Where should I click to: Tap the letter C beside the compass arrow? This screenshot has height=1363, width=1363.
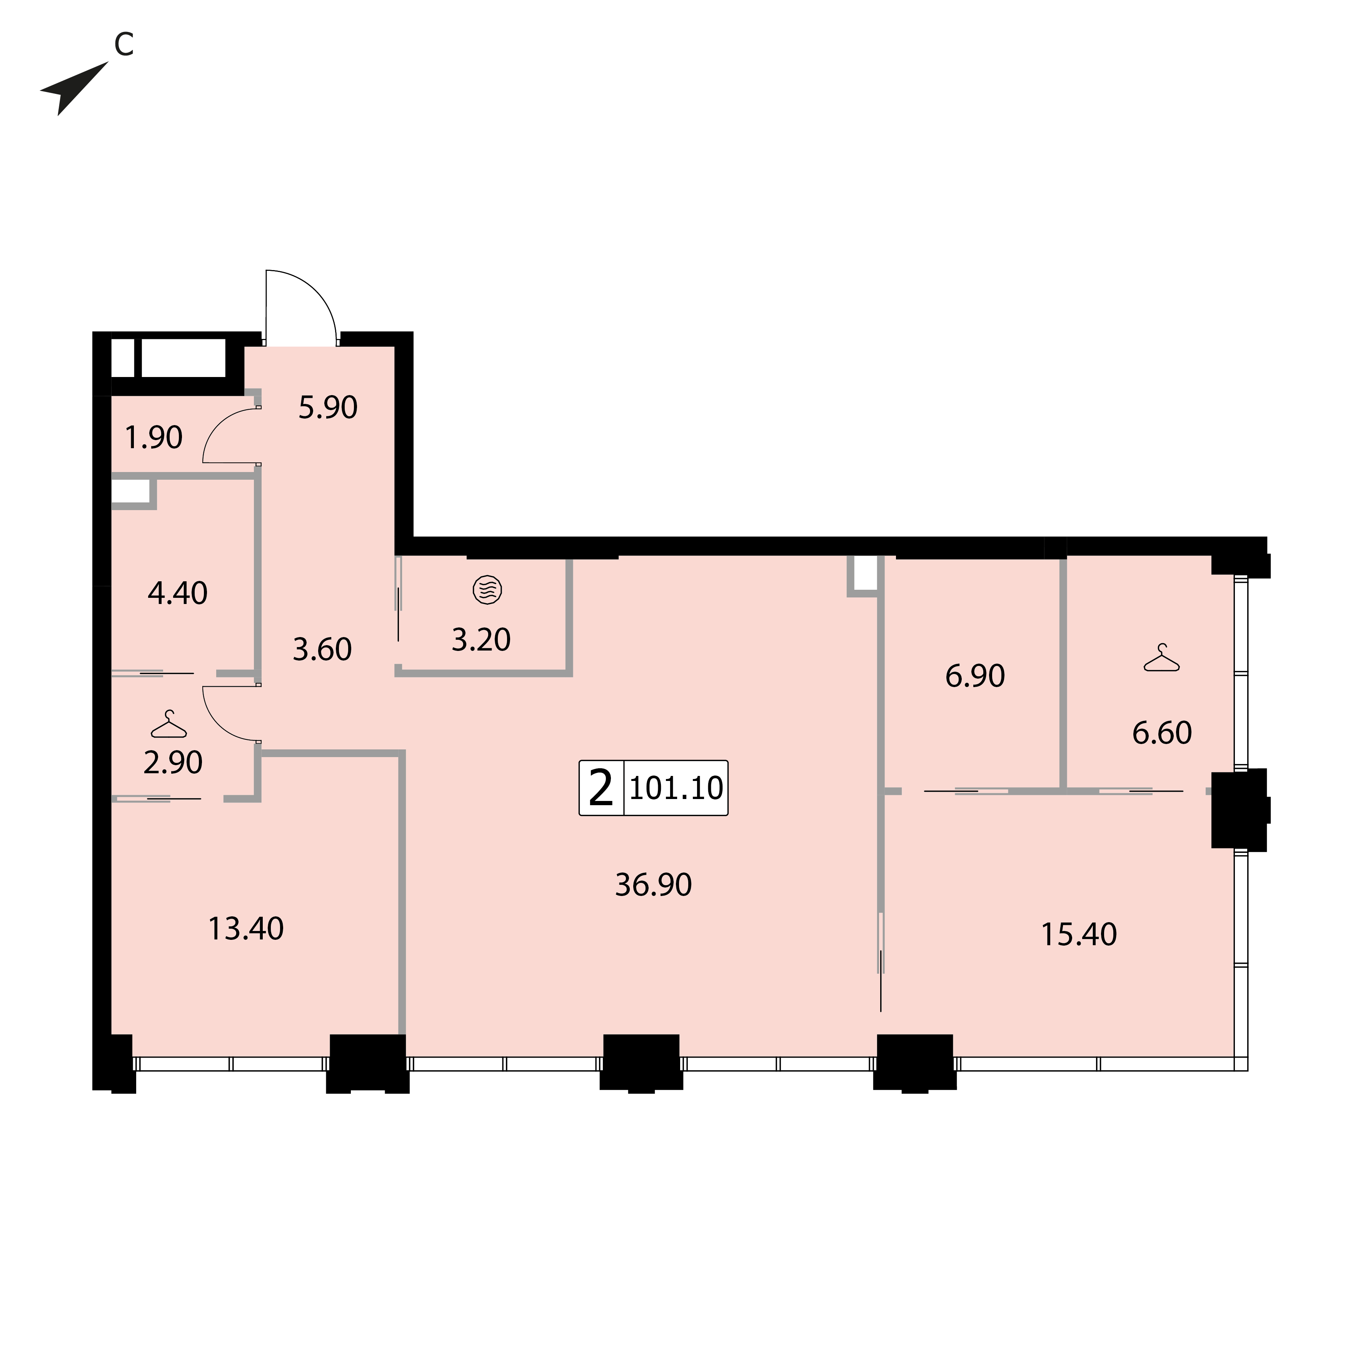[124, 45]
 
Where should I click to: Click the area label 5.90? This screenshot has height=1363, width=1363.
[328, 408]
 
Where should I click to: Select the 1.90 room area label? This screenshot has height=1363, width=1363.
[154, 437]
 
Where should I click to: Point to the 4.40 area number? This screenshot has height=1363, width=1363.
[178, 593]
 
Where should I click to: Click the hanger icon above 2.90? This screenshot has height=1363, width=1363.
[169, 724]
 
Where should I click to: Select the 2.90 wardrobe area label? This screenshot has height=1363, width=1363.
[173, 762]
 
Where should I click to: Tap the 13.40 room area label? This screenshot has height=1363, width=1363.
[246, 929]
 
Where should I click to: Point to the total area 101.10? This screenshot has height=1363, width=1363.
[676, 788]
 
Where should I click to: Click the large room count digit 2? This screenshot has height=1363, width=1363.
[601, 788]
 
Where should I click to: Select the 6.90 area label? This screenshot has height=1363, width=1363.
[975, 676]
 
